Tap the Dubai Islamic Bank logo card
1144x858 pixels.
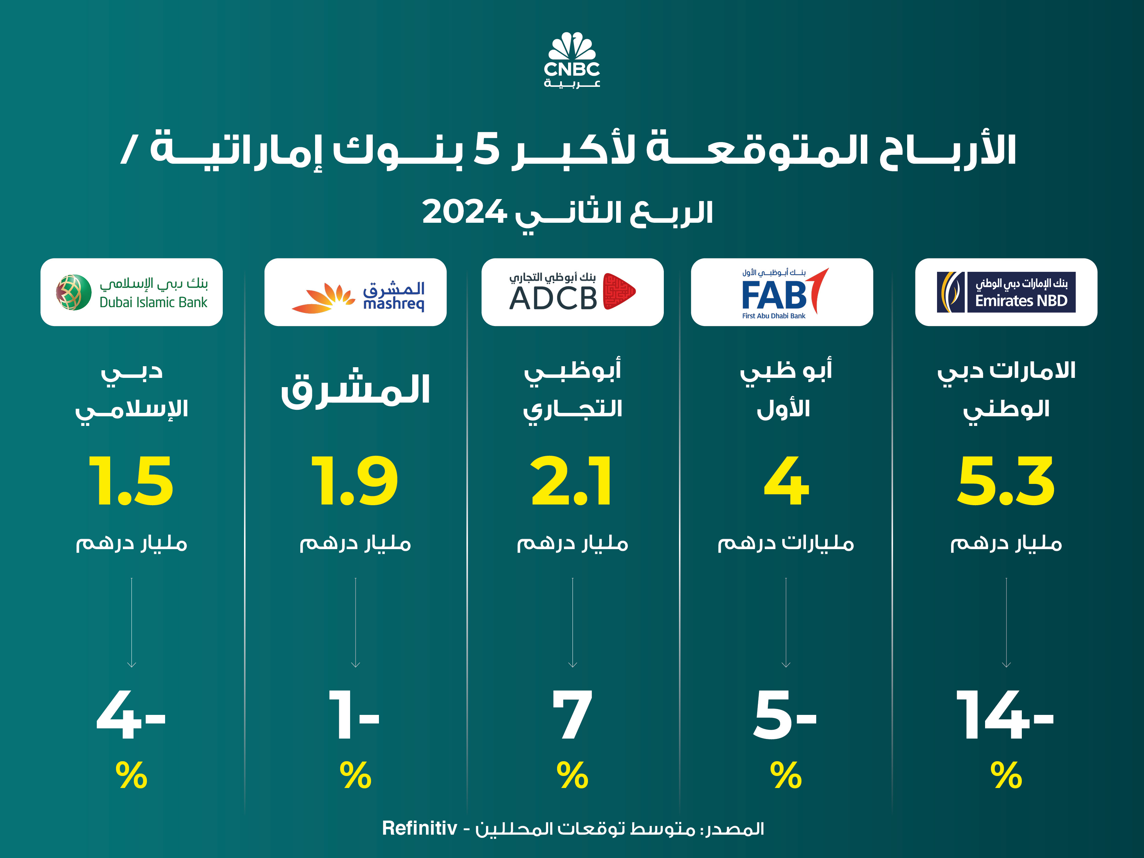click(131, 292)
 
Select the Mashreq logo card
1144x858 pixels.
click(355, 292)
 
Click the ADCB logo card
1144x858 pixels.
click(573, 292)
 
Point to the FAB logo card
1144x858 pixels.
click(782, 292)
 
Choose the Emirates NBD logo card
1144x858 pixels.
click(1006, 292)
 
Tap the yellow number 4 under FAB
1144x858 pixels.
click(786, 481)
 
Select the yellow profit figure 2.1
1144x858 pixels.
click(572, 481)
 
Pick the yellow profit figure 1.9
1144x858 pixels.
click(355, 481)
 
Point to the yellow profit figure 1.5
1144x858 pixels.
click(131, 481)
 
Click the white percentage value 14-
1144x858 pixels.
click(1005, 715)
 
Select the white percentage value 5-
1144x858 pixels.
click(785, 715)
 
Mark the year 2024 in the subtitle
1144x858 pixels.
click(464, 212)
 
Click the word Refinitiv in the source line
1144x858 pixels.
click(419, 828)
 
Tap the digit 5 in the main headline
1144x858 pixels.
click(487, 149)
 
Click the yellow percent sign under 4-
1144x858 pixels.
click(131, 775)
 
